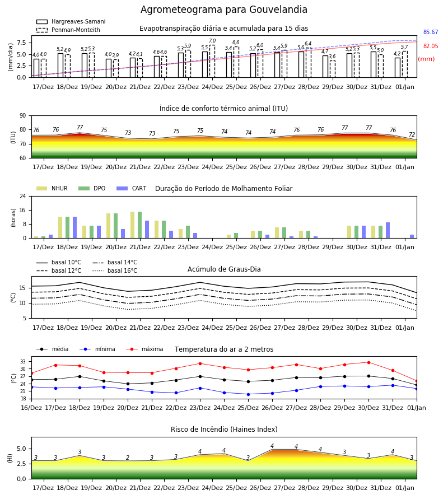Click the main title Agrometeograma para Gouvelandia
223,10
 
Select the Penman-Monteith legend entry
68,30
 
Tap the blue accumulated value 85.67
431,32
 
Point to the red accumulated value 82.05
431,46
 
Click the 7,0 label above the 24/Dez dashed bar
212,41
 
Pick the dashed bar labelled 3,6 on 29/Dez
332,69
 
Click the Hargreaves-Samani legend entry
71,21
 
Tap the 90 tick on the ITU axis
23,116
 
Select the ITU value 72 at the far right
412,134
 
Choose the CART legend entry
132,188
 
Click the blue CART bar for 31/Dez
388,230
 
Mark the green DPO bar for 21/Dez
140,225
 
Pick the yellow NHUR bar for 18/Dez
60,227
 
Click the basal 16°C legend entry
115,270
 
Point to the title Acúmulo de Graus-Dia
224,269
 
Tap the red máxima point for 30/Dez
368,362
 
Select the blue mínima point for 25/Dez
248,394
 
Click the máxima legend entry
145,349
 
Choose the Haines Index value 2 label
128,458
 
